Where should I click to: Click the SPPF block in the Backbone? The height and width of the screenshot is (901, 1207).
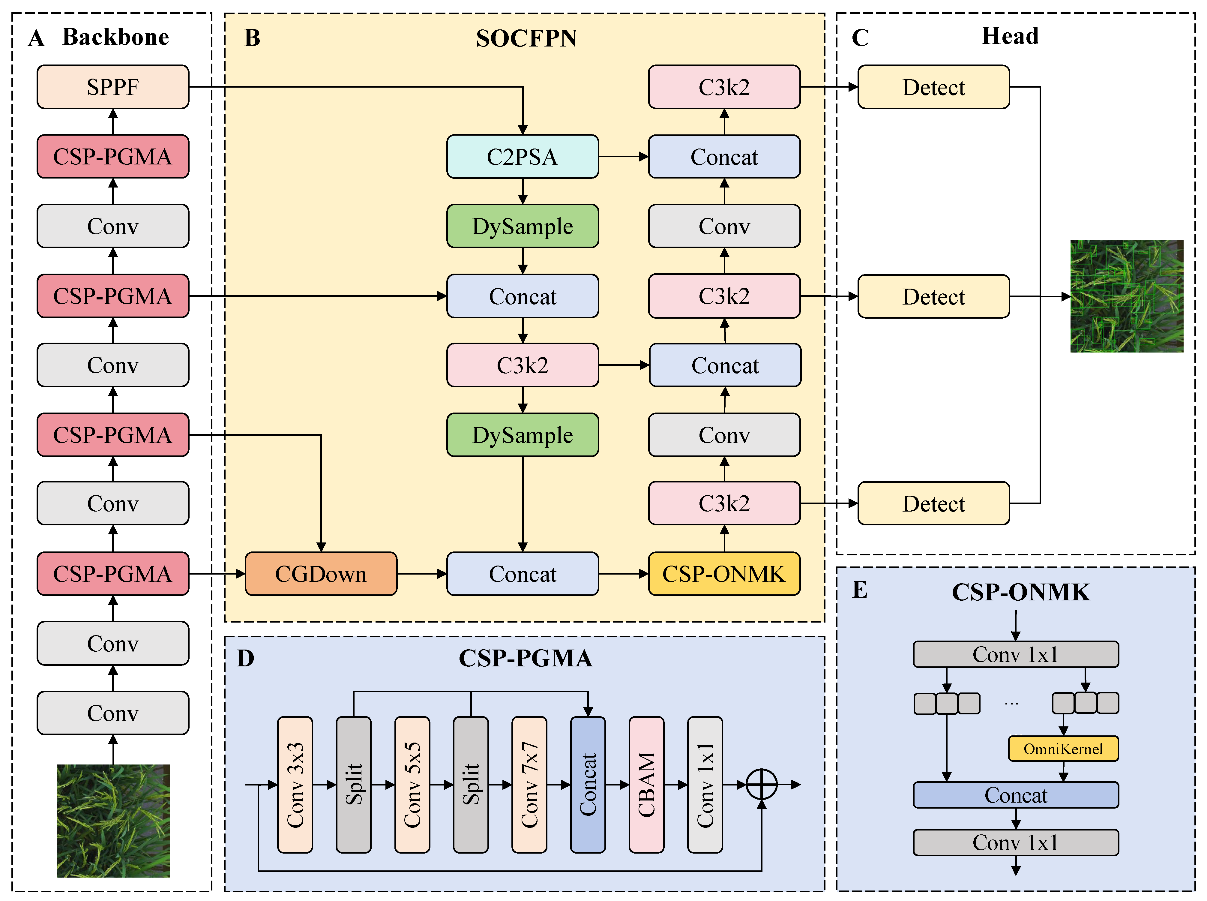pos(113,87)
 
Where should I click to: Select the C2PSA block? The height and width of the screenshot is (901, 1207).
pos(522,157)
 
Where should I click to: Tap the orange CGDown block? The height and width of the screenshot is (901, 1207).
pos(321,574)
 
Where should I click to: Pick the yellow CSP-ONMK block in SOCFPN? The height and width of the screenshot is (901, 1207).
pos(724,574)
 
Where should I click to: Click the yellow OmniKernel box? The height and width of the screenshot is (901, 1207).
pos(1063,749)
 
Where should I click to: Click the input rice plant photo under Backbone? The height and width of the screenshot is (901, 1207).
pos(113,821)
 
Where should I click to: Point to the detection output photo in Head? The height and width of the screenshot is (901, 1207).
pos(1126,296)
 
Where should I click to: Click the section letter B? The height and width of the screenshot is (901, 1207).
pos(252,38)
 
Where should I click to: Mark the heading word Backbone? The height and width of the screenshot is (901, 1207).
pos(115,37)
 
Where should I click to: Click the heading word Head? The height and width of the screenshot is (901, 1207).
pos(1010,36)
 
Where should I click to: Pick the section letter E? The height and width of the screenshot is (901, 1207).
pos(860,590)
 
